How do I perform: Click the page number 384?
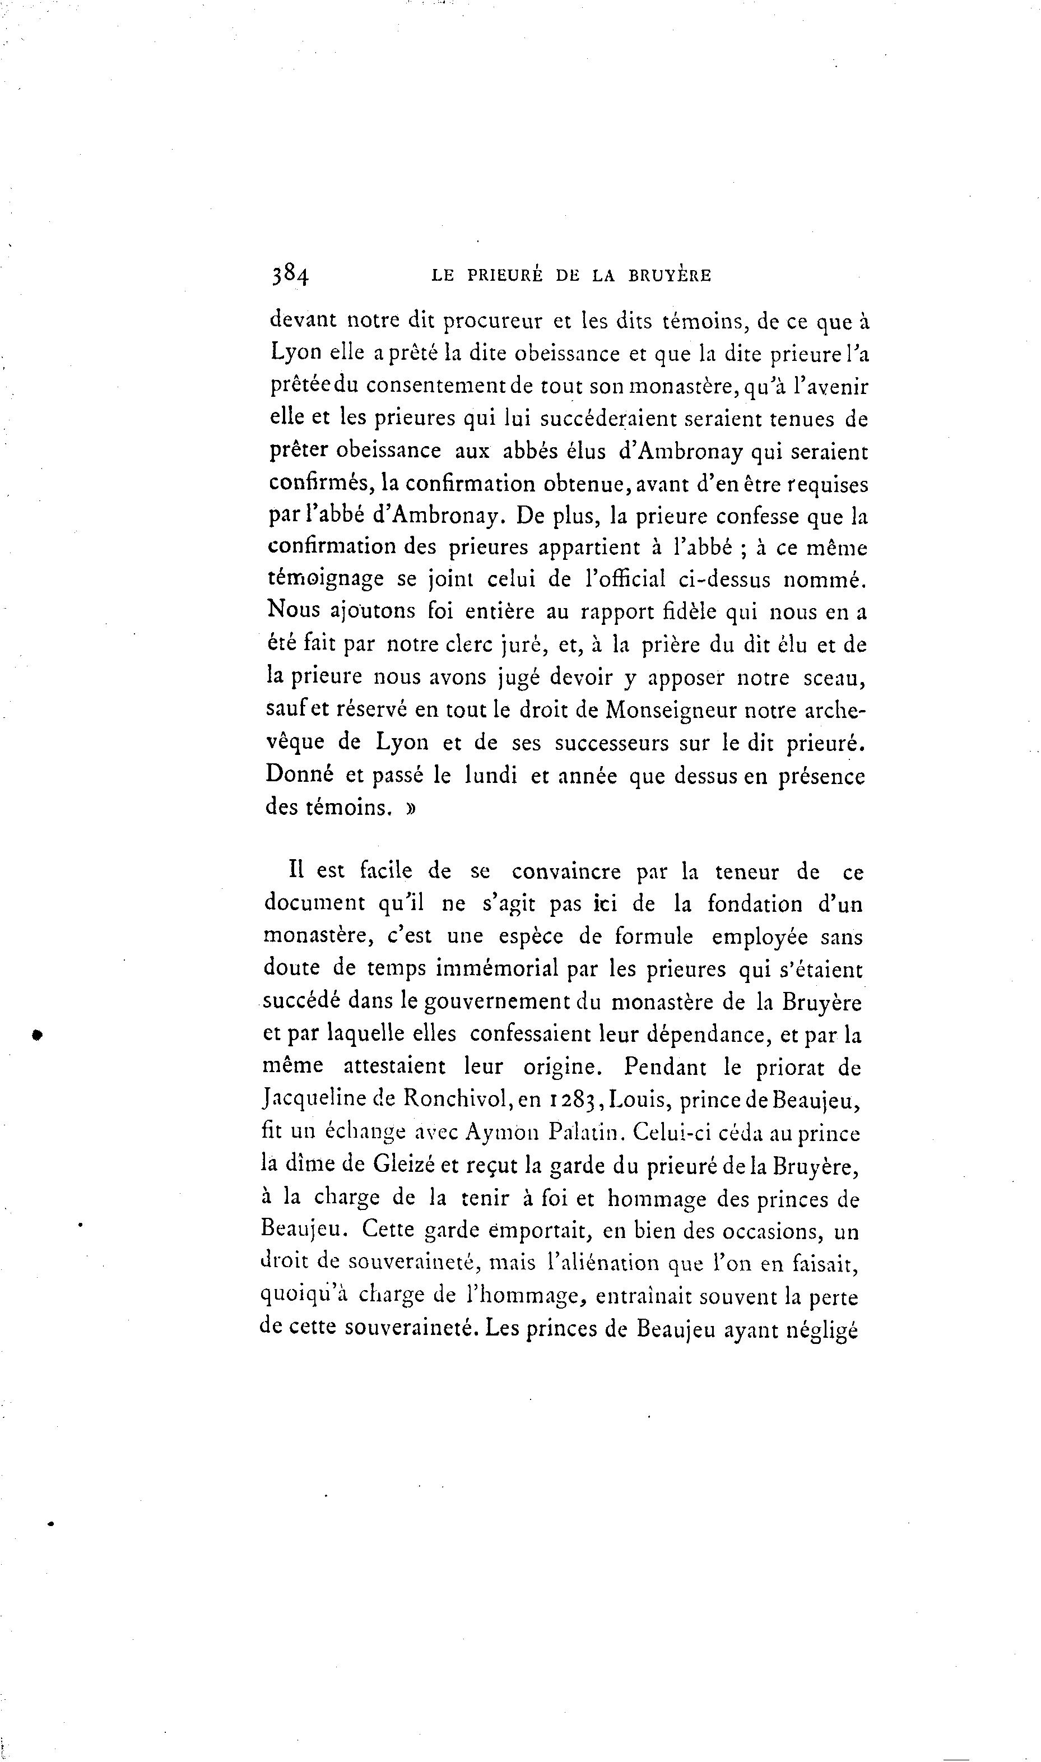pos(290,275)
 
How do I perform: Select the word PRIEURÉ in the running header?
pos(504,276)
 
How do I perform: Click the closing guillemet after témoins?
pos(410,808)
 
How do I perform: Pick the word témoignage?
pos(326,579)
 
